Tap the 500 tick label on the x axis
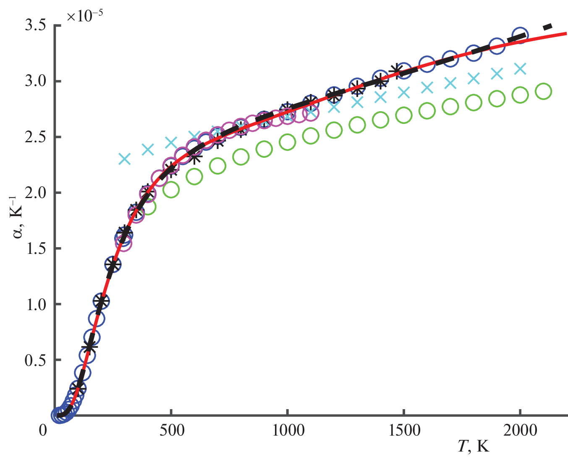171,431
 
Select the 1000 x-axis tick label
287,431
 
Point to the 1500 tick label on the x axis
403,431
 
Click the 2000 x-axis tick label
520,431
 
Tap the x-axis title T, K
473,447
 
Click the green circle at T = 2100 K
543,91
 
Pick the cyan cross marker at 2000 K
520,68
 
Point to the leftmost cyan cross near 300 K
125,159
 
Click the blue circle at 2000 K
520,35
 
